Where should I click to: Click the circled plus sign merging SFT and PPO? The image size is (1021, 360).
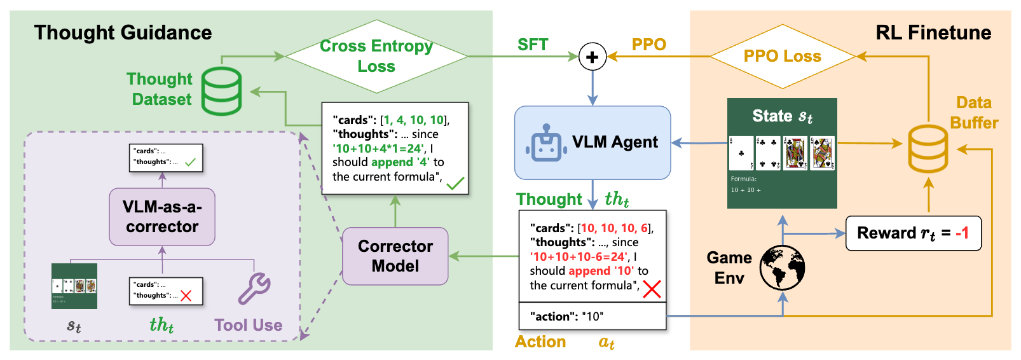tap(592, 57)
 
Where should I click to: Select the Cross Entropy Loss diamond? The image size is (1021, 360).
tap(376, 57)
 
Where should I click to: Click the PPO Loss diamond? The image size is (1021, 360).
tap(783, 57)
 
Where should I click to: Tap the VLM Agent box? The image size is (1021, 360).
tap(593, 142)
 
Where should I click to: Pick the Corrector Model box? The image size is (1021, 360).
tap(395, 256)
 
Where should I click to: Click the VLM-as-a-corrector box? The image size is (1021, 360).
tap(162, 217)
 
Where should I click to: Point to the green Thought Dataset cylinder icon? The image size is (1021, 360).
tap(222, 91)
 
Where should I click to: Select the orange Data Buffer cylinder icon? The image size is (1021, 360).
tap(928, 149)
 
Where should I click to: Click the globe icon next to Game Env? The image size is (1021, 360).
tap(782, 268)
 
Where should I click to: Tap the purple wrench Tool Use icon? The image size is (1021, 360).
tap(254, 289)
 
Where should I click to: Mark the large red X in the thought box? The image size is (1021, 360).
tap(652, 289)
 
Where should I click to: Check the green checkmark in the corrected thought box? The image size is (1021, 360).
tap(455, 184)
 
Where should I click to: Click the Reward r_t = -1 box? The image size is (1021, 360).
tap(913, 233)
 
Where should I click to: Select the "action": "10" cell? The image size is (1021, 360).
tap(593, 316)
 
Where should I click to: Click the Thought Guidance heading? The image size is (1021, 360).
tap(123, 32)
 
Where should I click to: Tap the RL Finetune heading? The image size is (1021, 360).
tap(933, 32)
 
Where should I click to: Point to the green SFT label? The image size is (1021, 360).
tap(533, 45)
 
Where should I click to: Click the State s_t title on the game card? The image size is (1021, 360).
tap(782, 116)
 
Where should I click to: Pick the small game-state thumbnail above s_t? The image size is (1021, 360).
tap(74, 286)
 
